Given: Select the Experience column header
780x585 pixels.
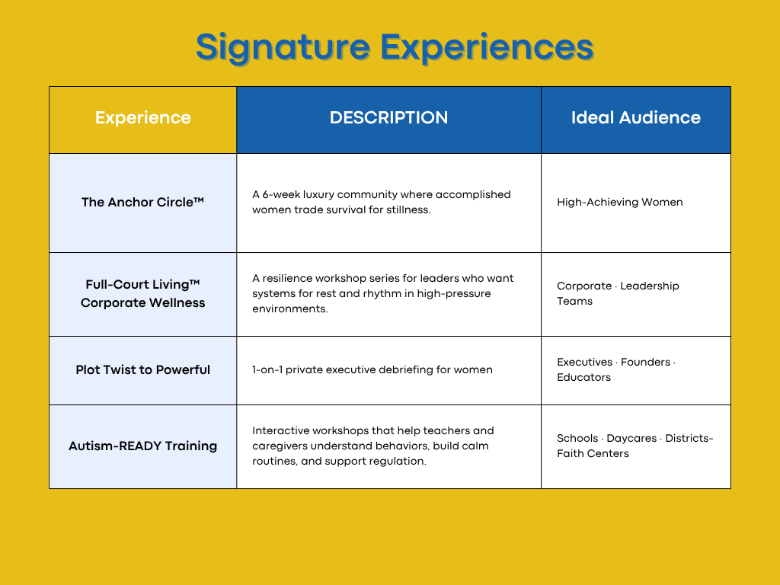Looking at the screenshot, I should tap(143, 118).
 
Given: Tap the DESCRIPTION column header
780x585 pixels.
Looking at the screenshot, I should tap(388, 118).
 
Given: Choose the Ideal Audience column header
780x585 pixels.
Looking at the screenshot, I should tap(635, 118).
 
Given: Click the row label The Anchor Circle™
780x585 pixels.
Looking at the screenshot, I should tap(143, 203).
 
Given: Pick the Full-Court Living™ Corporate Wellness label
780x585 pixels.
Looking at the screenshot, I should tap(143, 293).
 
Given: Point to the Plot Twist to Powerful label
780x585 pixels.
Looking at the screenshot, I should tap(143, 370).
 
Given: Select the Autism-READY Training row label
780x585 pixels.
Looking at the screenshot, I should tap(143, 446).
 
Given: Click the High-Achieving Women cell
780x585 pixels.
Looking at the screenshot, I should tap(619, 203).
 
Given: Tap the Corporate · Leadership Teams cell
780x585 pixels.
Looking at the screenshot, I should tap(618, 293).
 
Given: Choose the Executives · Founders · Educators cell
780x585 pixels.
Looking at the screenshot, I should tap(616, 369).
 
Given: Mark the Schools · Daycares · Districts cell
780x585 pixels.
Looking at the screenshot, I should tap(635, 439).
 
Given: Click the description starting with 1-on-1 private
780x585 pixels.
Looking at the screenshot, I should tap(372, 370).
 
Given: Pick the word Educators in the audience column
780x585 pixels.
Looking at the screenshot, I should tap(583, 378).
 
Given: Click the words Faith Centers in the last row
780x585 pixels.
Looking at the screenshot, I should tap(593, 454).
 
